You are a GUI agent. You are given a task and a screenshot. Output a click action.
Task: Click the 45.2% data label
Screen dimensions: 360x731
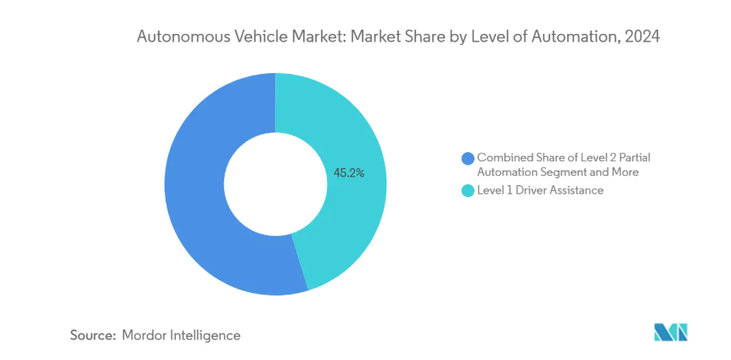(349, 172)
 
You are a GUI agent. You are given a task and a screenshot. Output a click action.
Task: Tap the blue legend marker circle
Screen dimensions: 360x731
(466, 158)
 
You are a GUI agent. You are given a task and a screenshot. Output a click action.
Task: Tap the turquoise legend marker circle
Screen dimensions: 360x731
(466, 191)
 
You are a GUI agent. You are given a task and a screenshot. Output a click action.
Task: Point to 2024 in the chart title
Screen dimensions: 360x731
(642, 37)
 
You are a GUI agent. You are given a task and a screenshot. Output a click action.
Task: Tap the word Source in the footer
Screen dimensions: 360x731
(92, 335)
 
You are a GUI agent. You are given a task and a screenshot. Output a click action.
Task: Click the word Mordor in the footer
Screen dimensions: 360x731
(147, 335)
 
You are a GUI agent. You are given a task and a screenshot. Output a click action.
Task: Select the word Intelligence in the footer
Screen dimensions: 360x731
(206, 335)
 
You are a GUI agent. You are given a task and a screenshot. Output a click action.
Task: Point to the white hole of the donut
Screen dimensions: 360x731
(274, 183)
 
